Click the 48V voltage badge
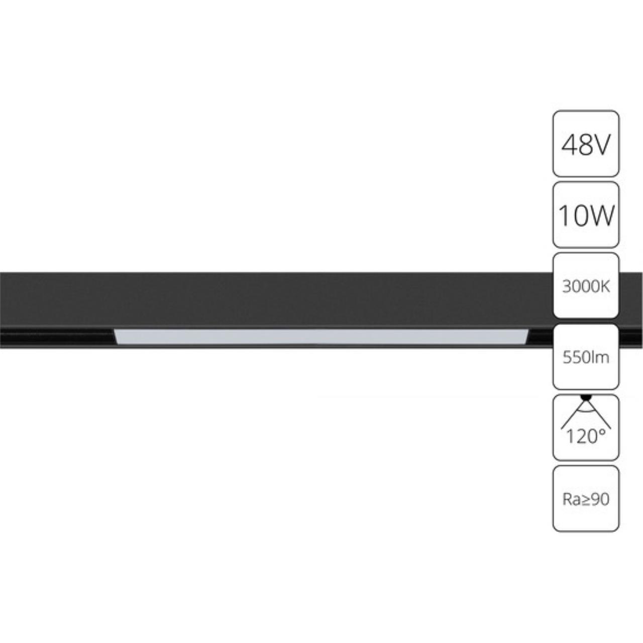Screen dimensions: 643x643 click(x=586, y=144)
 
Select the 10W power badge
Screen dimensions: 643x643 click(x=586, y=215)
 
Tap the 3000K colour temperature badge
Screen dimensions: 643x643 click(x=586, y=286)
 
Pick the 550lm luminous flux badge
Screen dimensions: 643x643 click(x=586, y=357)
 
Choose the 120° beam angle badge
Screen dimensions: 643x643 click(x=586, y=427)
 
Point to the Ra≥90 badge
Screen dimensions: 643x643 click(x=586, y=498)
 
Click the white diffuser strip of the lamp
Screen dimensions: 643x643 click(x=321, y=337)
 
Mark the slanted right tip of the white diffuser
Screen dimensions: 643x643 click(x=525, y=337)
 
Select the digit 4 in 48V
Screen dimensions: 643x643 click(x=569, y=145)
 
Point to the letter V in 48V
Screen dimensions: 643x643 click(x=601, y=145)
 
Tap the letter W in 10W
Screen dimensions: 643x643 click(x=600, y=216)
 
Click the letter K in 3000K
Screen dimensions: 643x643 click(x=605, y=286)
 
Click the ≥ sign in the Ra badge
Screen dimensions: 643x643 click(x=585, y=499)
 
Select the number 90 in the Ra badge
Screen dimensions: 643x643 click(x=599, y=499)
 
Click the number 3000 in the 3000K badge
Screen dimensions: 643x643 click(x=580, y=286)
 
